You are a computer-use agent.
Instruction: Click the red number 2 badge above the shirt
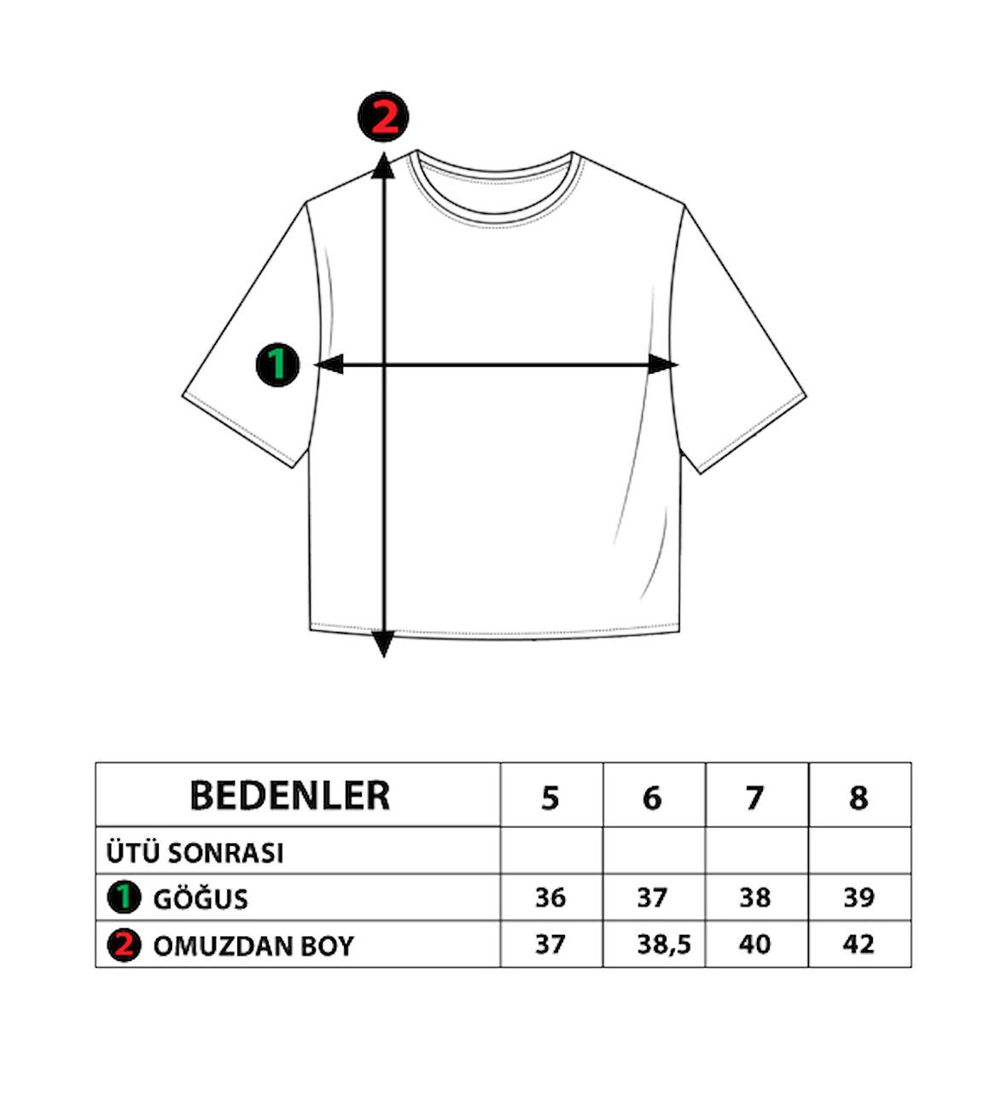pyautogui.click(x=383, y=116)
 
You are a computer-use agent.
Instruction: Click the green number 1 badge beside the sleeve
pyautogui.click(x=277, y=364)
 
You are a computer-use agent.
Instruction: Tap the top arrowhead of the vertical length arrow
pyautogui.click(x=383, y=166)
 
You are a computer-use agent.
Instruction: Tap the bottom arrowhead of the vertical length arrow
pyautogui.click(x=383, y=644)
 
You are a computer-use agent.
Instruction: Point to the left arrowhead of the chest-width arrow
pyautogui.click(x=329, y=364)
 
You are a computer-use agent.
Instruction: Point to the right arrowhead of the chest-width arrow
pyautogui.click(x=662, y=364)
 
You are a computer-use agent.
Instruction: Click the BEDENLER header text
pyautogui.click(x=290, y=796)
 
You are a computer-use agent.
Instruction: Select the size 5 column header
pyautogui.click(x=550, y=798)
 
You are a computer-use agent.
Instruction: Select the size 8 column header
pyautogui.click(x=859, y=798)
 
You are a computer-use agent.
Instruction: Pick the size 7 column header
pyautogui.click(x=755, y=798)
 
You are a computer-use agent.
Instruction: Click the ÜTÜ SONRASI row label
pyautogui.click(x=195, y=852)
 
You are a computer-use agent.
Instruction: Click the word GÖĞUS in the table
pyautogui.click(x=201, y=900)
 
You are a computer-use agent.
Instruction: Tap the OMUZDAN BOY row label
pyautogui.click(x=253, y=947)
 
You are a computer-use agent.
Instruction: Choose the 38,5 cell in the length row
pyautogui.click(x=664, y=946)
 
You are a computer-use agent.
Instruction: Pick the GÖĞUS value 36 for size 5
pyautogui.click(x=550, y=898)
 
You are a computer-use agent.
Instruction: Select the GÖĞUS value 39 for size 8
pyautogui.click(x=859, y=898)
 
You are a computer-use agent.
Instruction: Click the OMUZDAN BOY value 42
pyautogui.click(x=859, y=944)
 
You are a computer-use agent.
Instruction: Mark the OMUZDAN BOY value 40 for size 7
pyautogui.click(x=754, y=944)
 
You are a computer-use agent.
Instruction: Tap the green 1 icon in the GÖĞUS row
pyautogui.click(x=124, y=898)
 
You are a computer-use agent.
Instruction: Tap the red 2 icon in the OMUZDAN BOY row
pyautogui.click(x=124, y=945)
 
